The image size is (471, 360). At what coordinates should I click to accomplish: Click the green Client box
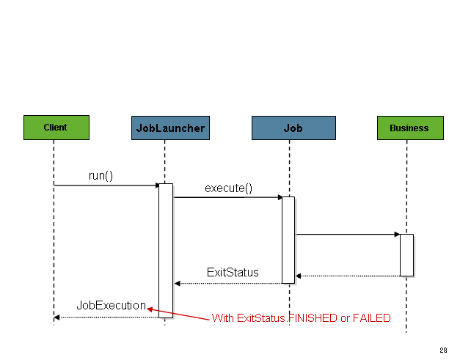(56, 127)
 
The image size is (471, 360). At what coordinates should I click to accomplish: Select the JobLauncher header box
(170, 128)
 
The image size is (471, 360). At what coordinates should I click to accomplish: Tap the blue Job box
(293, 128)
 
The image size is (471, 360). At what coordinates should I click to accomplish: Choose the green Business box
(409, 128)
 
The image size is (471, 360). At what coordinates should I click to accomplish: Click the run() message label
(101, 176)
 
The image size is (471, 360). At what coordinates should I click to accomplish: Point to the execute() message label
(228, 188)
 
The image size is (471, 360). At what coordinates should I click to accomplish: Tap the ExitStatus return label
(233, 272)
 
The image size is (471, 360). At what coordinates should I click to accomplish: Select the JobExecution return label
(112, 305)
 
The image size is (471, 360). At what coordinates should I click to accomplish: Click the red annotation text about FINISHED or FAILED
(301, 318)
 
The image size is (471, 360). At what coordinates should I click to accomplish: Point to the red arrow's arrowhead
(150, 309)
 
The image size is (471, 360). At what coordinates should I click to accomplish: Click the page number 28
(443, 350)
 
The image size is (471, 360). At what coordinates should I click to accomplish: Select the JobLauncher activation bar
(166, 250)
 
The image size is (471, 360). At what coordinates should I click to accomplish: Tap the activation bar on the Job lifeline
(288, 239)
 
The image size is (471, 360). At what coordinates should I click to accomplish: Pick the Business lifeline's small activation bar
(406, 254)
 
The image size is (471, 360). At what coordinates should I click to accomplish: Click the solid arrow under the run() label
(106, 185)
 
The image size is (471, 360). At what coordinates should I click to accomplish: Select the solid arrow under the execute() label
(227, 197)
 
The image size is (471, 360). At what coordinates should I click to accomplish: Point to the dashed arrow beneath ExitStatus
(227, 283)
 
